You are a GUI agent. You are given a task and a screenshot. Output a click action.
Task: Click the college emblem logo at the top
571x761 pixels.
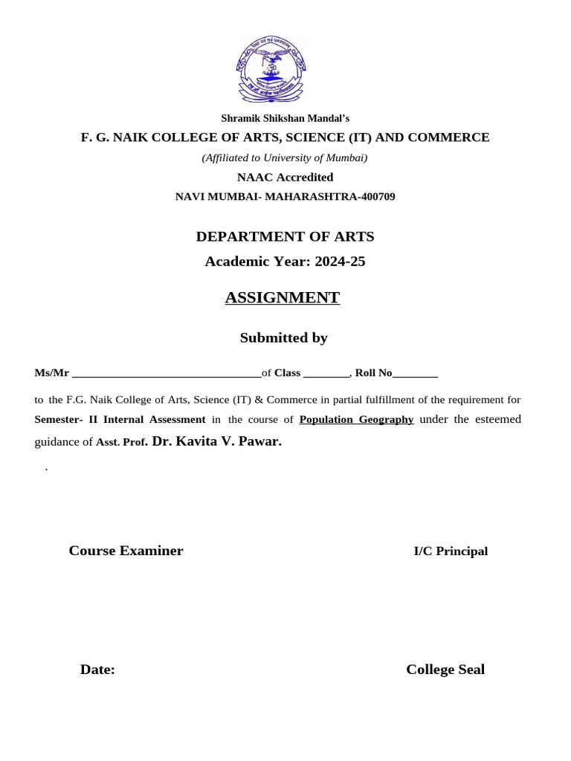pos(271,71)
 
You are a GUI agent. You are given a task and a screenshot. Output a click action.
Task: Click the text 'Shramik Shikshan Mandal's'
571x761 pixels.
pos(285,118)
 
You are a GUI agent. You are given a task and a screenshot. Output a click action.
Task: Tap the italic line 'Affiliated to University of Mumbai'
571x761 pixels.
pos(285,158)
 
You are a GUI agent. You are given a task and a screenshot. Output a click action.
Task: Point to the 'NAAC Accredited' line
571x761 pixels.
pos(285,177)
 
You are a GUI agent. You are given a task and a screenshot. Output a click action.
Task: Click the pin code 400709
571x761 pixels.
pos(375,197)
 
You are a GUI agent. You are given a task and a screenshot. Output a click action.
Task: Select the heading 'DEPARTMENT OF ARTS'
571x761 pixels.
pos(285,237)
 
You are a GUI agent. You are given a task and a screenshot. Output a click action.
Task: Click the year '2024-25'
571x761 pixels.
pos(338,262)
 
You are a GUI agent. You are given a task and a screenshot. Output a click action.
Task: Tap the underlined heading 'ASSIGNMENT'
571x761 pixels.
pos(283,298)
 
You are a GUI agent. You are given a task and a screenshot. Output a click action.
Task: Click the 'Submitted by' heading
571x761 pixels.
pos(284,338)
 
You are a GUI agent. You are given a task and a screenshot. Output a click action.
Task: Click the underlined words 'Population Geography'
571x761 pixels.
pos(357,420)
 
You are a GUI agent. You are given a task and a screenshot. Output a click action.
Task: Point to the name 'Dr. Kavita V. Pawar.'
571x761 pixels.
pos(217,441)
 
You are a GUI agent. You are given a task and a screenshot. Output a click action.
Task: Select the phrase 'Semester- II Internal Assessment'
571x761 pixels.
pos(120,420)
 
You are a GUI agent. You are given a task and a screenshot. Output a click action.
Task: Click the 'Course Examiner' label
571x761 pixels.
pos(126,551)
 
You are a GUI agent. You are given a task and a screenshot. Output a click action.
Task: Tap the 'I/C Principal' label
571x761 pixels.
pos(451,551)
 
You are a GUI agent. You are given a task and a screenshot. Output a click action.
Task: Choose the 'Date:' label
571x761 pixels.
pos(97,670)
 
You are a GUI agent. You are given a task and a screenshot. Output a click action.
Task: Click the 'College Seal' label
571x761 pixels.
pos(445,670)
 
